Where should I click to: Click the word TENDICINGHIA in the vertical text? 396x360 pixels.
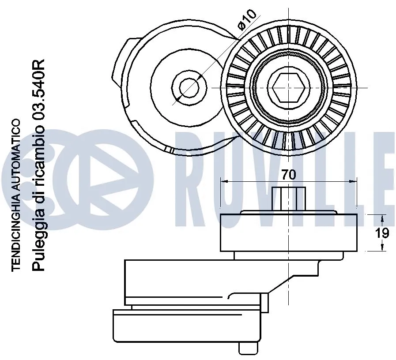[x=16, y=232]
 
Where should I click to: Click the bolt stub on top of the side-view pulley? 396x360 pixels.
[x=289, y=199]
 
